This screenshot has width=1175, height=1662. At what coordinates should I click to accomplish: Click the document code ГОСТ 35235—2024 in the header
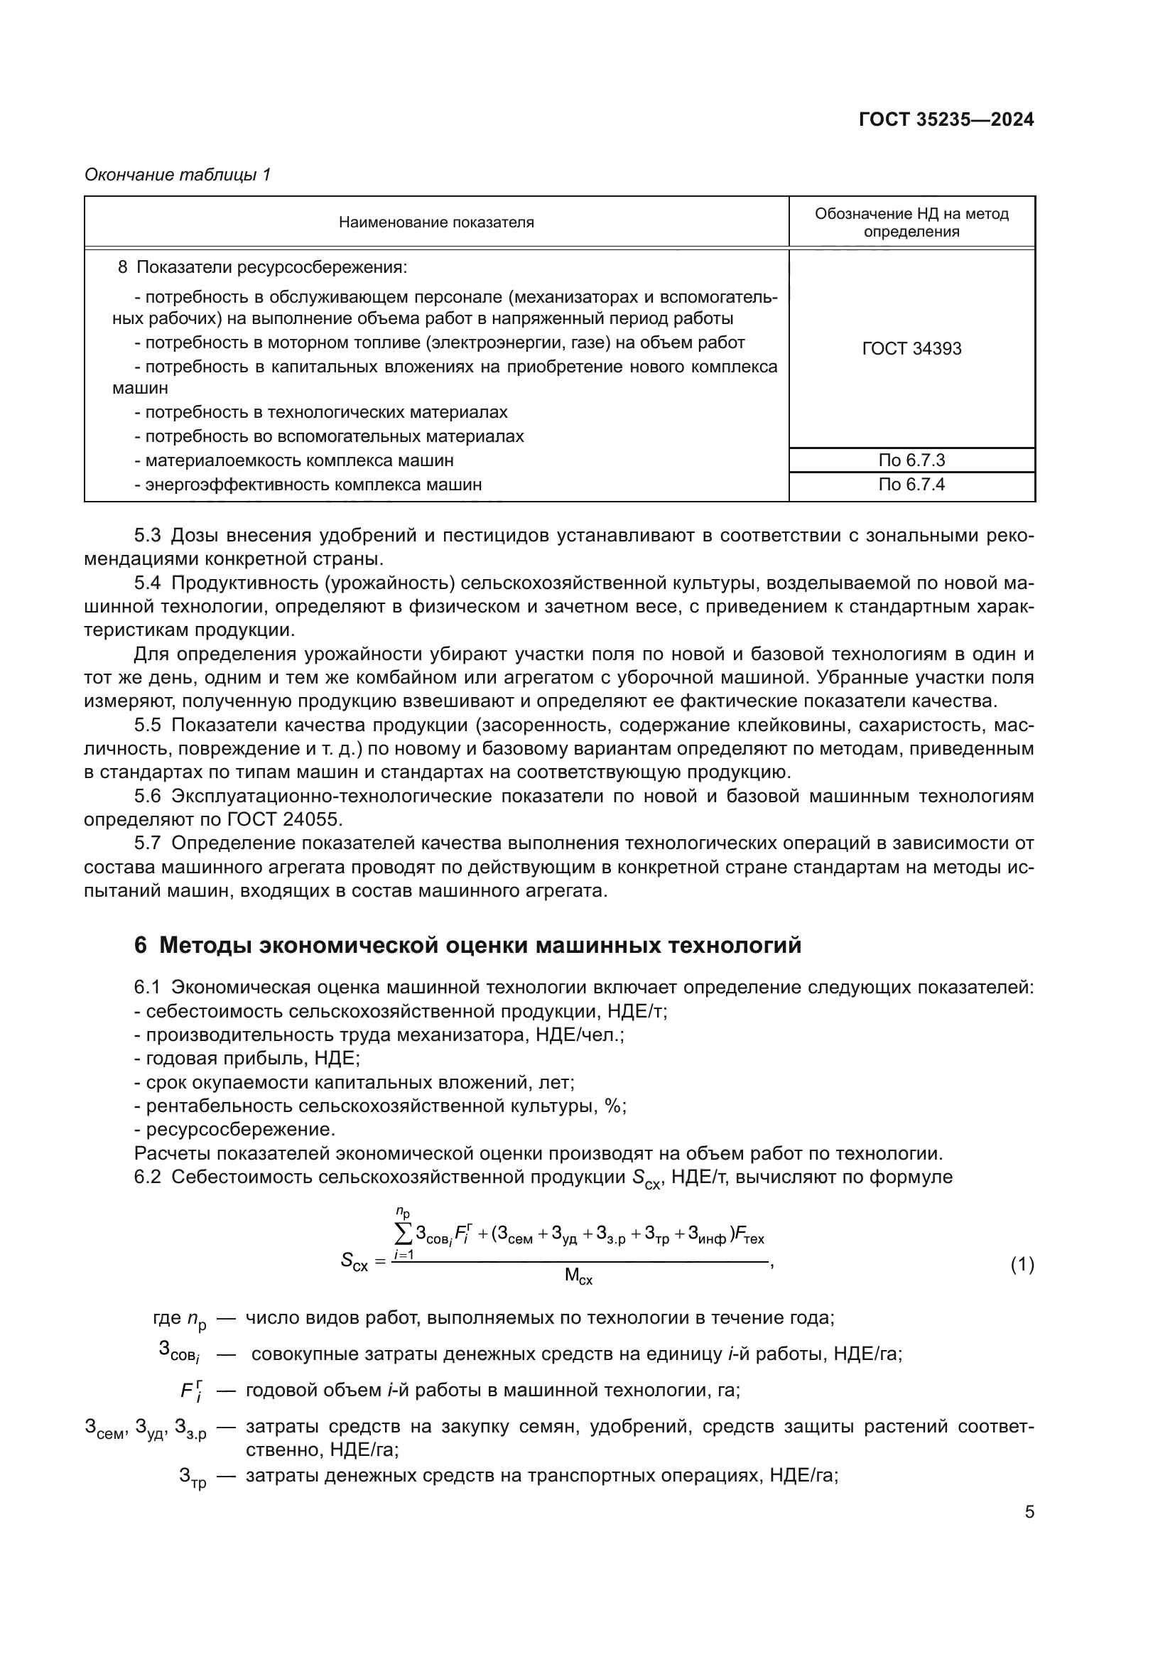click(946, 119)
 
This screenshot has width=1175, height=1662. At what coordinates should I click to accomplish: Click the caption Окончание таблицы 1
click(178, 175)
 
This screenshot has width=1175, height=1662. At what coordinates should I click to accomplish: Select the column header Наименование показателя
click(436, 223)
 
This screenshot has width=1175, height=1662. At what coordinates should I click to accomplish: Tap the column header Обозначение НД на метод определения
click(911, 223)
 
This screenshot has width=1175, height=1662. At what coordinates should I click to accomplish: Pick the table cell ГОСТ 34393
click(911, 349)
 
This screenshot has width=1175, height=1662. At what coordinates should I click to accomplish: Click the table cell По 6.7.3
click(911, 460)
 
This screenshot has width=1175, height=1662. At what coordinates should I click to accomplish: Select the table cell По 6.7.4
click(911, 485)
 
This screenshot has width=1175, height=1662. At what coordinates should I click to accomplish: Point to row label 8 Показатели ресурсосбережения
click(263, 268)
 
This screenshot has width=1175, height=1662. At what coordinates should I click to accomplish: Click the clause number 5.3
click(147, 536)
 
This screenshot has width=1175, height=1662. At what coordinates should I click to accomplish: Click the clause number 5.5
click(147, 725)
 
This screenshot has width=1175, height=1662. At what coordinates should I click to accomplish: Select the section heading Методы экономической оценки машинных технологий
click(480, 945)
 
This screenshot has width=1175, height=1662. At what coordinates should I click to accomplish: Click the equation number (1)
click(1021, 1265)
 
